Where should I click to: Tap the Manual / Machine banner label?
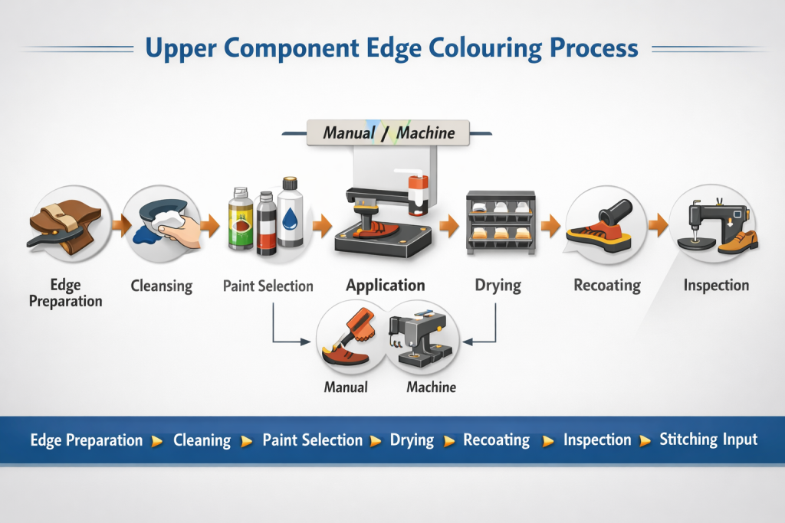[x=389, y=132]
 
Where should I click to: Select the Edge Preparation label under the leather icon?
[x=65, y=293]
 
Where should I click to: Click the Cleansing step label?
[x=161, y=286]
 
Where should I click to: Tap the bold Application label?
[x=385, y=286]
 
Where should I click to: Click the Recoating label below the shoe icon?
[x=606, y=286]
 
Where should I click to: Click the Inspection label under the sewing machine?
[x=716, y=286]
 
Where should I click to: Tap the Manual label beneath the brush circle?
[x=346, y=387]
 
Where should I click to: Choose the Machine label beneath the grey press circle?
[x=431, y=387]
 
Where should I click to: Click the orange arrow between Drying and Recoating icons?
[x=550, y=225]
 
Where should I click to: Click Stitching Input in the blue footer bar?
[x=708, y=440]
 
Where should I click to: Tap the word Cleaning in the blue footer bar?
[x=202, y=440]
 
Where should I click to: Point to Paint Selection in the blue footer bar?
[x=312, y=440]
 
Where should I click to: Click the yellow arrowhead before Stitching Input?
[x=645, y=441]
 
